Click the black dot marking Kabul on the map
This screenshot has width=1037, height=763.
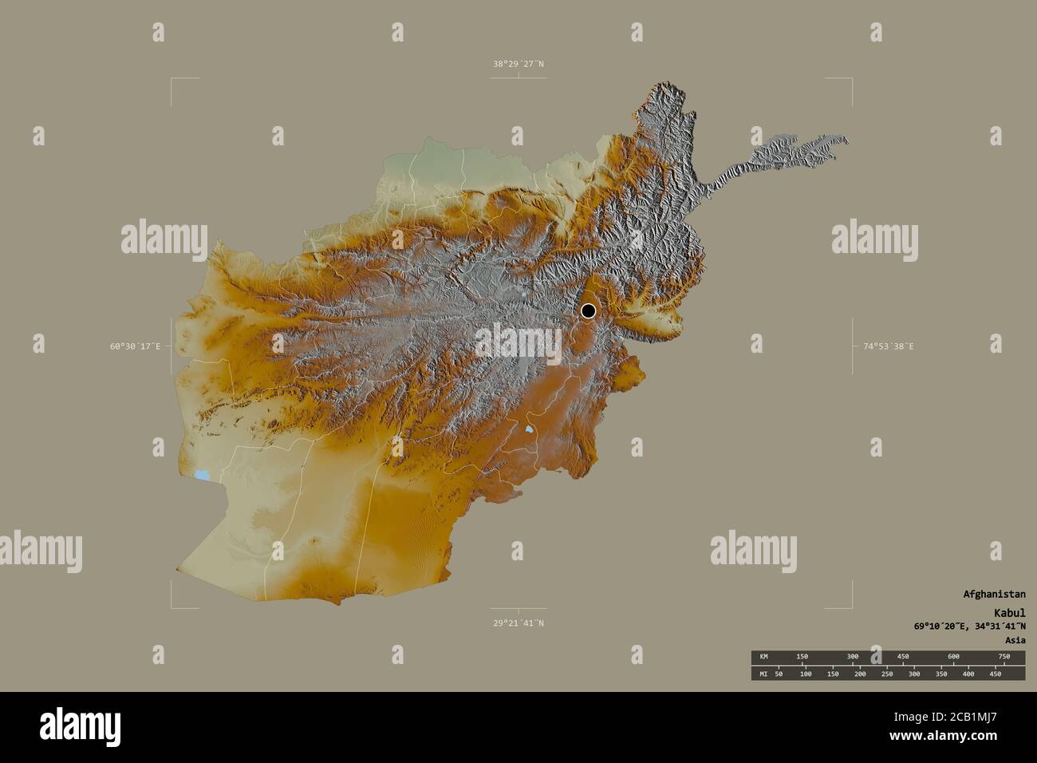[588, 310]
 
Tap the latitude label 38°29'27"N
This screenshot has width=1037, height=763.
[518, 64]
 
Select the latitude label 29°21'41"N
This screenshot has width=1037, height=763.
[518, 623]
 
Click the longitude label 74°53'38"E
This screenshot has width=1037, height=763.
[888, 346]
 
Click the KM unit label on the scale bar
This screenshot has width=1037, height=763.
[763, 656]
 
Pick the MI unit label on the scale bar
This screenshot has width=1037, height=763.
[763, 674]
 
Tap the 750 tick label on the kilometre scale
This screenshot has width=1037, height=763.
[1003, 656]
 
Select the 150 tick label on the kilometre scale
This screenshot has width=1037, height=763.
[802, 656]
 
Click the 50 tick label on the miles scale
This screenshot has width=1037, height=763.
[779, 674]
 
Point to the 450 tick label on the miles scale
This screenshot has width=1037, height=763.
[995, 674]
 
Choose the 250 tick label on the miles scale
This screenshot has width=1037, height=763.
[886, 674]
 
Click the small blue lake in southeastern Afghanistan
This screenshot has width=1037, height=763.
[530, 429]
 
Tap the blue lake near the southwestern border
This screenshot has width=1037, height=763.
[203, 475]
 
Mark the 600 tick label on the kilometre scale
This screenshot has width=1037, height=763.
[953, 656]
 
